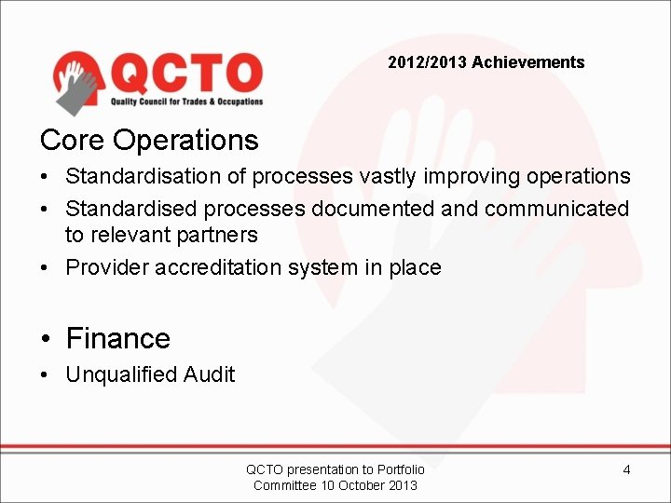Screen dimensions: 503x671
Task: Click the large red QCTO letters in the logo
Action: [186, 72]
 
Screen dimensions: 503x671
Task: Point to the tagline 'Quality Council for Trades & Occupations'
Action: [186, 102]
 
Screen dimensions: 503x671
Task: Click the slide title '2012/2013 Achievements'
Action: [486, 62]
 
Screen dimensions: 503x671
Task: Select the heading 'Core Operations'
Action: [149, 140]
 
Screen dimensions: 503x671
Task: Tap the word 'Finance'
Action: [117, 338]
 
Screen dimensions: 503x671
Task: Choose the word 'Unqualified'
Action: [121, 374]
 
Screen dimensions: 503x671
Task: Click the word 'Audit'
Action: [209, 374]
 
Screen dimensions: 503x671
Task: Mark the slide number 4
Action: [626, 469]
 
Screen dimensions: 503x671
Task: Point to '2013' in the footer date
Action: [403, 485]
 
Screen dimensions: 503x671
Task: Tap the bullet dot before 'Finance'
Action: [46, 339]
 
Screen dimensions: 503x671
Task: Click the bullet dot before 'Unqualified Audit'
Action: [46, 375]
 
